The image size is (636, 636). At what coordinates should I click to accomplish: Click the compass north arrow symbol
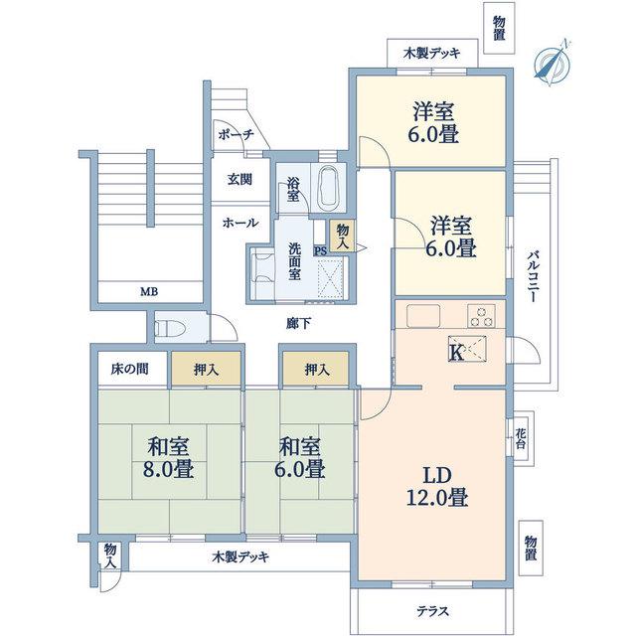pyautogui.click(x=553, y=64)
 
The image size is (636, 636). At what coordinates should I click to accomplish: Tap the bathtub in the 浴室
pyautogui.click(x=329, y=188)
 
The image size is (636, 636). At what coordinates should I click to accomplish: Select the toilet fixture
pyautogui.click(x=170, y=328)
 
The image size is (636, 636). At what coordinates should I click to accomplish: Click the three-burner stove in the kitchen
pyautogui.click(x=481, y=316)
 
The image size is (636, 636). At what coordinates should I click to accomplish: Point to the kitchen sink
pyautogui.click(x=423, y=315)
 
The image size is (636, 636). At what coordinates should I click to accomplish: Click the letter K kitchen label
pyautogui.click(x=456, y=353)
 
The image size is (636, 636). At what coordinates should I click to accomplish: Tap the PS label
pyautogui.click(x=320, y=250)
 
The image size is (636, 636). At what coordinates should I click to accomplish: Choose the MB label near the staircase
pyautogui.click(x=149, y=291)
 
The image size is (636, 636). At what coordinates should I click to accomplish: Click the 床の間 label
pyautogui.click(x=130, y=369)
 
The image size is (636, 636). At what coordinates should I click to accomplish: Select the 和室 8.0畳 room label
pyautogui.click(x=168, y=458)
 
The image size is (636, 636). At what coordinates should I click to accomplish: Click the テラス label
pyautogui.click(x=433, y=611)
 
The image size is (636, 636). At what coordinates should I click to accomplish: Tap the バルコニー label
pyautogui.click(x=533, y=277)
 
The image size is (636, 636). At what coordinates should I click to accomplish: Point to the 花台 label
pyautogui.click(x=521, y=438)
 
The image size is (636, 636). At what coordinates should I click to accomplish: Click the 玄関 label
pyautogui.click(x=239, y=179)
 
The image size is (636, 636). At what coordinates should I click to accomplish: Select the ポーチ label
pyautogui.click(x=237, y=134)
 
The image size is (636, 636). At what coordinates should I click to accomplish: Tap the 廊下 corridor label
pyautogui.click(x=298, y=323)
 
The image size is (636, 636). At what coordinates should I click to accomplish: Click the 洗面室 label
pyautogui.click(x=294, y=261)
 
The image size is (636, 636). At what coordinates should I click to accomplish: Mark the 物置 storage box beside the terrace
pyautogui.click(x=531, y=548)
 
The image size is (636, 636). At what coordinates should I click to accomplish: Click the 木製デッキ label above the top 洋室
pyautogui.click(x=432, y=53)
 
